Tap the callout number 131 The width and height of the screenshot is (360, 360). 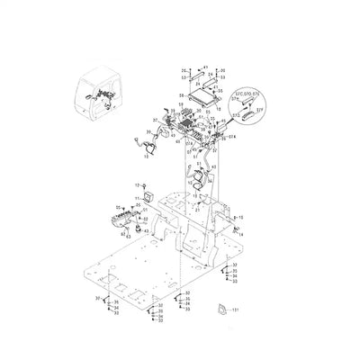pyautogui.click(x=236, y=310)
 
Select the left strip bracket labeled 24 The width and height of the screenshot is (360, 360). pyautogui.click(x=186, y=79)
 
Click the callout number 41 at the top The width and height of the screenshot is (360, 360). pyautogui.click(x=204, y=67)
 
